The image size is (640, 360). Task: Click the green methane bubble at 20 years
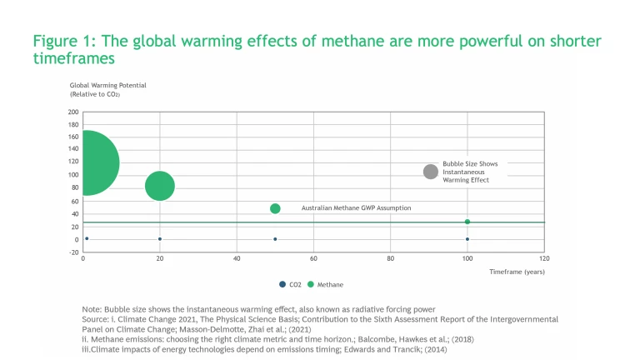pos(160,185)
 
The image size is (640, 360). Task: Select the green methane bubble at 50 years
pos(275,208)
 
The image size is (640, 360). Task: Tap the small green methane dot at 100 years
pos(467,222)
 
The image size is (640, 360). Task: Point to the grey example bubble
pos(431,171)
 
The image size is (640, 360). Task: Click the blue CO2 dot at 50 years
pos(275,239)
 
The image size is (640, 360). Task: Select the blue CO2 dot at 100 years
pos(467,239)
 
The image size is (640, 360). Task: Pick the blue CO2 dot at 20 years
pos(160,239)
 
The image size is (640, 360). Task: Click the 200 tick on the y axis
pos(73,112)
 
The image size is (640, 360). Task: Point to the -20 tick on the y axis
pos(73,252)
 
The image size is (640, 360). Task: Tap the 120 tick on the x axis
pos(544,259)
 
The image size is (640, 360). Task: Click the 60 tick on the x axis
pos(313,259)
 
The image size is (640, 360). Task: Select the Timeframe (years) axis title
pos(517,272)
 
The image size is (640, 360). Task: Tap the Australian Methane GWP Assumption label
pos(356,207)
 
